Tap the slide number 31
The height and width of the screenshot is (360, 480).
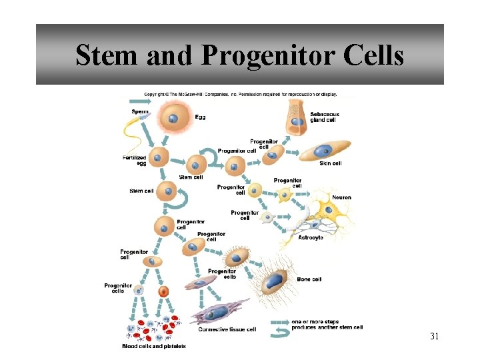pos(434,336)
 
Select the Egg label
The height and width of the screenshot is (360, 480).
pos(200,117)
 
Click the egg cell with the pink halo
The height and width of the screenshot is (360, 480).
pos(173,119)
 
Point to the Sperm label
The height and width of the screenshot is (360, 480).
pos(140,111)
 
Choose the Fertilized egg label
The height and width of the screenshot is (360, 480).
pos(134,160)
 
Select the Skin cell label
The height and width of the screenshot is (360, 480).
pos(331,163)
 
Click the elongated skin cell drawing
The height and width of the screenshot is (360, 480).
pos(325,150)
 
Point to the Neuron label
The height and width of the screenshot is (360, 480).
pos(341,197)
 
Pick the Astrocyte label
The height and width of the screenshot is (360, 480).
pos(311,238)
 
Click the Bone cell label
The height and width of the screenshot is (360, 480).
pos(309,279)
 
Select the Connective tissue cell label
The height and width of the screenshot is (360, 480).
pos(227,329)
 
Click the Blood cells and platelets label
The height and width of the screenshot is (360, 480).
pos(154,346)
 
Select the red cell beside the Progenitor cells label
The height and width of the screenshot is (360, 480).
pos(163,292)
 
